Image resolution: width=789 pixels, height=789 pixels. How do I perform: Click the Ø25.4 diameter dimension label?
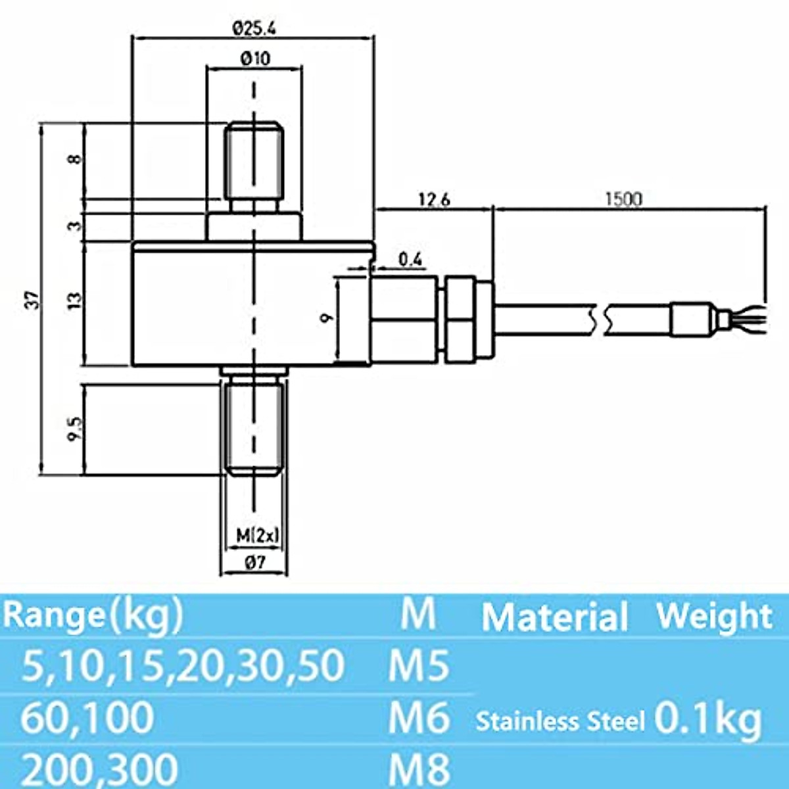point(254,28)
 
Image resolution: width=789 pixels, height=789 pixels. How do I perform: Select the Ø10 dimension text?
point(254,59)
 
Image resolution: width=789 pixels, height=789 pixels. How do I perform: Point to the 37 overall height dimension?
point(37,300)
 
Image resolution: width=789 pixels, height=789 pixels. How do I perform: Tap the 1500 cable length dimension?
point(622,199)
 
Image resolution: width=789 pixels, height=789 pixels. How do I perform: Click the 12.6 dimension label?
point(434,199)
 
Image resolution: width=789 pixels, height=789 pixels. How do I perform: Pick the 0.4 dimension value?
point(410,260)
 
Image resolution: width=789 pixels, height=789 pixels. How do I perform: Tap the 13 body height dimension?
point(76,300)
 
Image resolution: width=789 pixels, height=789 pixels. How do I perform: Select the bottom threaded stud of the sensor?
point(254,427)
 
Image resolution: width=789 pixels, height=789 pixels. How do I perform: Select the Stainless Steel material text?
point(560,721)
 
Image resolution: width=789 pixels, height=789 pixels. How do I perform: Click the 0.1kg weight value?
point(708,720)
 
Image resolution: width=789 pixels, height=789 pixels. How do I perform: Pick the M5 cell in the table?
point(418,666)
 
